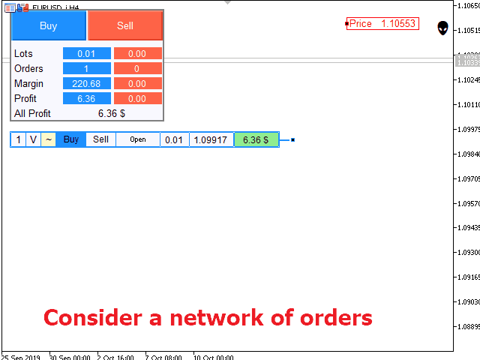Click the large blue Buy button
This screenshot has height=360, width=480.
49,25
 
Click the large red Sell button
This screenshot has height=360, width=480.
125,25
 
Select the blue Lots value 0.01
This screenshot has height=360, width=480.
86,53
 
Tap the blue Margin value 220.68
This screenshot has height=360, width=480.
86,83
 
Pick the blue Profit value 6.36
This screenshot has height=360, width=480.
86,98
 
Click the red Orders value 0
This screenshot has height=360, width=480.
138,68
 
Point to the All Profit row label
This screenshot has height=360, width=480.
32,113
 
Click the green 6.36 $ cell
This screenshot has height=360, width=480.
256,139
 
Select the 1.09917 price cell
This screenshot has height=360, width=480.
211,139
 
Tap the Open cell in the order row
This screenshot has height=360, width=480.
138,139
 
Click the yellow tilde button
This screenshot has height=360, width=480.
48,139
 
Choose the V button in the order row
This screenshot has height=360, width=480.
33,139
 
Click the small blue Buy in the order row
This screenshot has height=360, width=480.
70,139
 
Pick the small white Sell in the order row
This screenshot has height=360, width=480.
100,139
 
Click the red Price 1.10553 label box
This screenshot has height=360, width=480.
382,24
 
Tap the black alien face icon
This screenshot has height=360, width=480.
443,28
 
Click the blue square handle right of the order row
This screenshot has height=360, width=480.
292,139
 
